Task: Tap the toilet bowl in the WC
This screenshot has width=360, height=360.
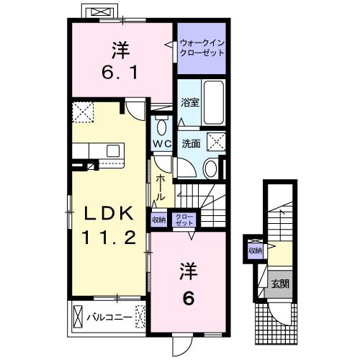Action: point(161,127)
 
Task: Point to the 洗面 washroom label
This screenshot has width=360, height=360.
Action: point(190,143)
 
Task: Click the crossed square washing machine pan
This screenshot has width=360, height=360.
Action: point(215,140)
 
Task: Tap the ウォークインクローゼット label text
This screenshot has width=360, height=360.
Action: point(202,50)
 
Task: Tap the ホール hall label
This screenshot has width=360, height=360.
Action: point(161,186)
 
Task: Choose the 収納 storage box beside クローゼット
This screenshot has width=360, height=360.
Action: point(158,220)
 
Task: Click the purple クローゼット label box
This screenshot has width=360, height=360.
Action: point(185,220)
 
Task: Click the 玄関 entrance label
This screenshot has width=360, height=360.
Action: point(281,284)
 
